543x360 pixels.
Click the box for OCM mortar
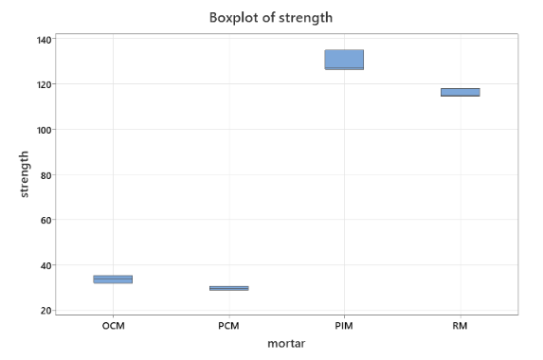[113, 279]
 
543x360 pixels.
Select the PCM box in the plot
[228, 288]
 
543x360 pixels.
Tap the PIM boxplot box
[344, 60]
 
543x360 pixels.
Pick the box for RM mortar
[460, 92]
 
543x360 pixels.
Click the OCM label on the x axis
[113, 326]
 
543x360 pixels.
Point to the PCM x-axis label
[228, 326]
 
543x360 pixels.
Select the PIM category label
[344, 326]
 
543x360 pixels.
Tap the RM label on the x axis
[460, 326]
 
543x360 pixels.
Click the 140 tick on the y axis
[44, 39]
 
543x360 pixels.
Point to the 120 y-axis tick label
[44, 84]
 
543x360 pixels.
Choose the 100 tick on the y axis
[44, 130]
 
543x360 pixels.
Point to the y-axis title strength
[24, 174]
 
